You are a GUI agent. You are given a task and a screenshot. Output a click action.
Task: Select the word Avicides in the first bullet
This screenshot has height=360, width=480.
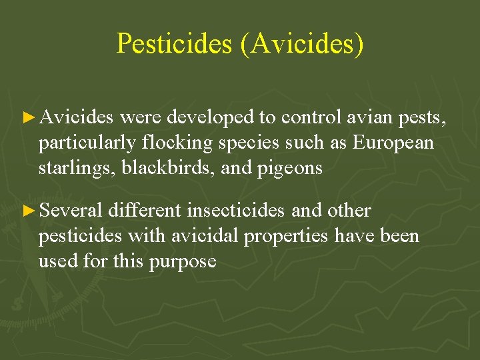pos(77,118)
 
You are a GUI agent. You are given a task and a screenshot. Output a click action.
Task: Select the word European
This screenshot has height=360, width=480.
pos(393,143)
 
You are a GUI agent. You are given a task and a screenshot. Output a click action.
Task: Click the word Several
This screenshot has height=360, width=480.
pos(71,211)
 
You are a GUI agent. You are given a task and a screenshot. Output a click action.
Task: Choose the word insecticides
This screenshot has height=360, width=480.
pos(237,211)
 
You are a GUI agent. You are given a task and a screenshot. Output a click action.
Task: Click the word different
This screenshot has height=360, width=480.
pos(145,211)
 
